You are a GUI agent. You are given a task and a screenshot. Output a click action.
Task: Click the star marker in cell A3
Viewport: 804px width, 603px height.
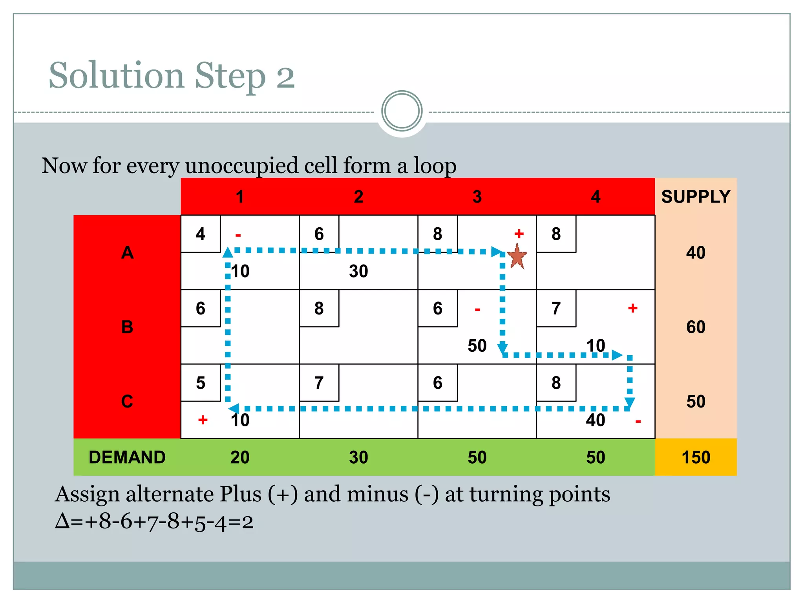coord(517,256)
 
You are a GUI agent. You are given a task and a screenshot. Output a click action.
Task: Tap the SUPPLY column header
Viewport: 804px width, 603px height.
coord(696,196)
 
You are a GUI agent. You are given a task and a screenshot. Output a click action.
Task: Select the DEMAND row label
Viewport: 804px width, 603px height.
coord(127,457)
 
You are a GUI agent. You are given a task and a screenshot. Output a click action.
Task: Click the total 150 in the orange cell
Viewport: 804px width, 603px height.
coord(696,457)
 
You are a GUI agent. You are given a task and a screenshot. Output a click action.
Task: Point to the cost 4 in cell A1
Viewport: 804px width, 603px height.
coord(200,234)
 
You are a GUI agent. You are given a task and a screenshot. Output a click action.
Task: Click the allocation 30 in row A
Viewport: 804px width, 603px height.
coord(358,271)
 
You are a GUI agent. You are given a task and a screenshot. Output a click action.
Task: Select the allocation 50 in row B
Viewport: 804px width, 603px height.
coord(477,346)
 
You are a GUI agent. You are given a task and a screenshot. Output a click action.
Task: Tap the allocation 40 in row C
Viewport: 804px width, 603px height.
coord(595,420)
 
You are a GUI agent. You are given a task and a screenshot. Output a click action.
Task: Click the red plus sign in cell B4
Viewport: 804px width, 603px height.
coord(632,308)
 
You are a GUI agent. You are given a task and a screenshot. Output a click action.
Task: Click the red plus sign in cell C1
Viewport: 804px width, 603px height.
coord(203,420)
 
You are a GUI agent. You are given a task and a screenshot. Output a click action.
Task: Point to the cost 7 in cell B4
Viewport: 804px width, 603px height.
coord(556,309)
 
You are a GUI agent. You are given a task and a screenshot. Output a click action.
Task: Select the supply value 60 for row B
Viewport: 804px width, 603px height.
coord(696,327)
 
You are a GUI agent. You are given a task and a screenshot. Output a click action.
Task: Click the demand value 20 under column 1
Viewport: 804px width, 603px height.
coord(240,457)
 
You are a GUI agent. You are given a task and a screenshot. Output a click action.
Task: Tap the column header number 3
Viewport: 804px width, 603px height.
coord(477,197)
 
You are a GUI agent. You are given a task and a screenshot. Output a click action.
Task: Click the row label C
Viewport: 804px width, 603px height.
coord(127,401)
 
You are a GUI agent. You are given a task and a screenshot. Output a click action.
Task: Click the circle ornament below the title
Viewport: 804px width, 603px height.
coord(402,111)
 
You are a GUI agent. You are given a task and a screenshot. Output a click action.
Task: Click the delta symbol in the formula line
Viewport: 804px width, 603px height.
coord(62,522)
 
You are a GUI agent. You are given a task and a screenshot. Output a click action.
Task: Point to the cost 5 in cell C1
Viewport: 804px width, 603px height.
coord(200,383)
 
